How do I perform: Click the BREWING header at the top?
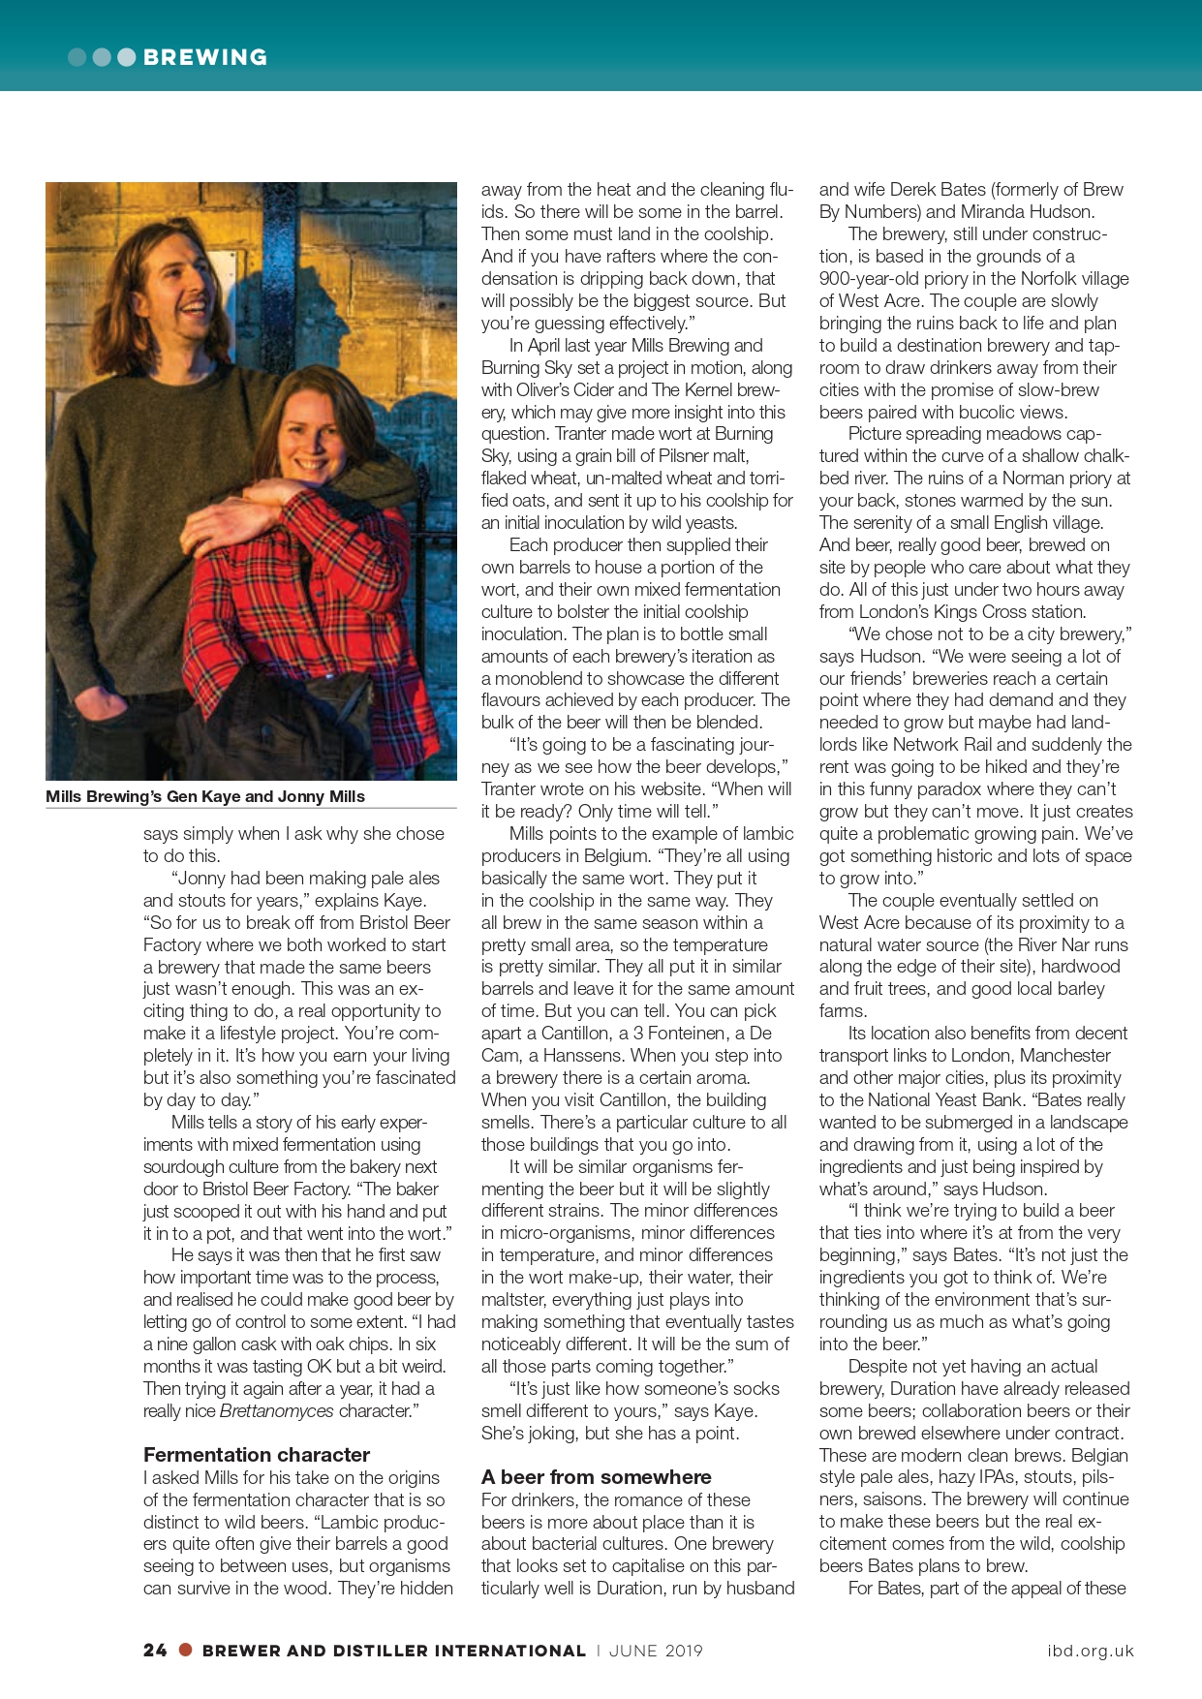(204, 57)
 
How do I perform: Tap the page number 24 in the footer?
(155, 1650)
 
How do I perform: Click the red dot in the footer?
(186, 1650)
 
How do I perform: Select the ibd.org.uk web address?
(1090, 1651)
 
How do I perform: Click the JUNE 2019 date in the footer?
(656, 1651)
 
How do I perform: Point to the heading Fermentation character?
(257, 1454)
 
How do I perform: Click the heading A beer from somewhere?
(596, 1476)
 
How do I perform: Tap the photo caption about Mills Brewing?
(205, 796)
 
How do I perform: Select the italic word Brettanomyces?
(277, 1410)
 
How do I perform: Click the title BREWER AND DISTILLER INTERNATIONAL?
(393, 1651)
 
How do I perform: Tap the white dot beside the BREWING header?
(126, 57)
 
